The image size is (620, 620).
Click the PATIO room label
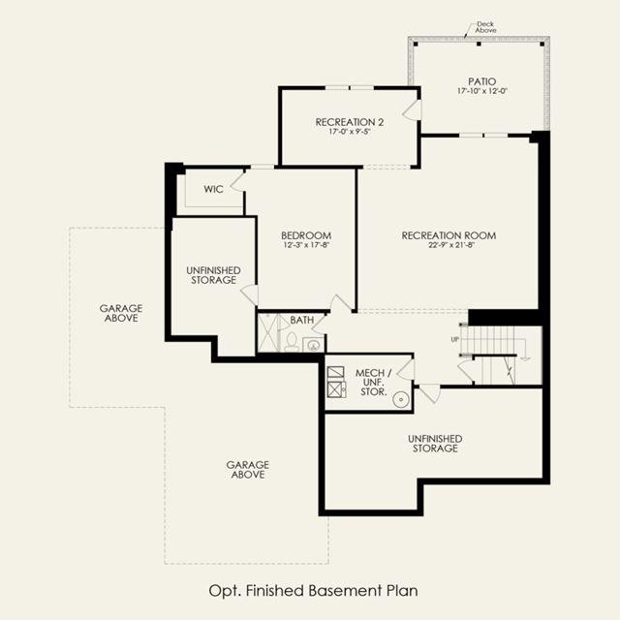click(x=482, y=81)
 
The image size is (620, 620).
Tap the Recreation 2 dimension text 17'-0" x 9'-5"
click(x=350, y=132)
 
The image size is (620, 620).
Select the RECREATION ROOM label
click(x=449, y=235)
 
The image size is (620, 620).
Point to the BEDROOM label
click(x=306, y=235)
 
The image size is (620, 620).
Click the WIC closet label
click(x=213, y=189)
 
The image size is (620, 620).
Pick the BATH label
click(x=302, y=320)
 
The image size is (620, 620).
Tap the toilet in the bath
click(x=292, y=342)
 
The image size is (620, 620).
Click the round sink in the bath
click(x=314, y=346)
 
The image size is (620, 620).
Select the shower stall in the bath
click(x=268, y=332)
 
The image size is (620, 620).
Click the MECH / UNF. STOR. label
click(x=373, y=383)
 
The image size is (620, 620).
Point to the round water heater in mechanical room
click(x=400, y=400)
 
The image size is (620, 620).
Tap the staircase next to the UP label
click(x=500, y=355)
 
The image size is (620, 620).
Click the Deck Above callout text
click(x=485, y=27)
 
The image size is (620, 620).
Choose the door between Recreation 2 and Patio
click(x=413, y=109)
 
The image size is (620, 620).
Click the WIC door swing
click(x=237, y=181)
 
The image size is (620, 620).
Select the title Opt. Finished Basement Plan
click(x=313, y=591)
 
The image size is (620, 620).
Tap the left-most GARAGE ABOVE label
click(x=121, y=313)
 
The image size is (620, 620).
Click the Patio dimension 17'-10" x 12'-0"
click(x=482, y=91)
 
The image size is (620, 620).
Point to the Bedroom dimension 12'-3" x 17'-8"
click(x=306, y=245)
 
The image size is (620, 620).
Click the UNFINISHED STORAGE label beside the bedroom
click(x=213, y=275)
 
